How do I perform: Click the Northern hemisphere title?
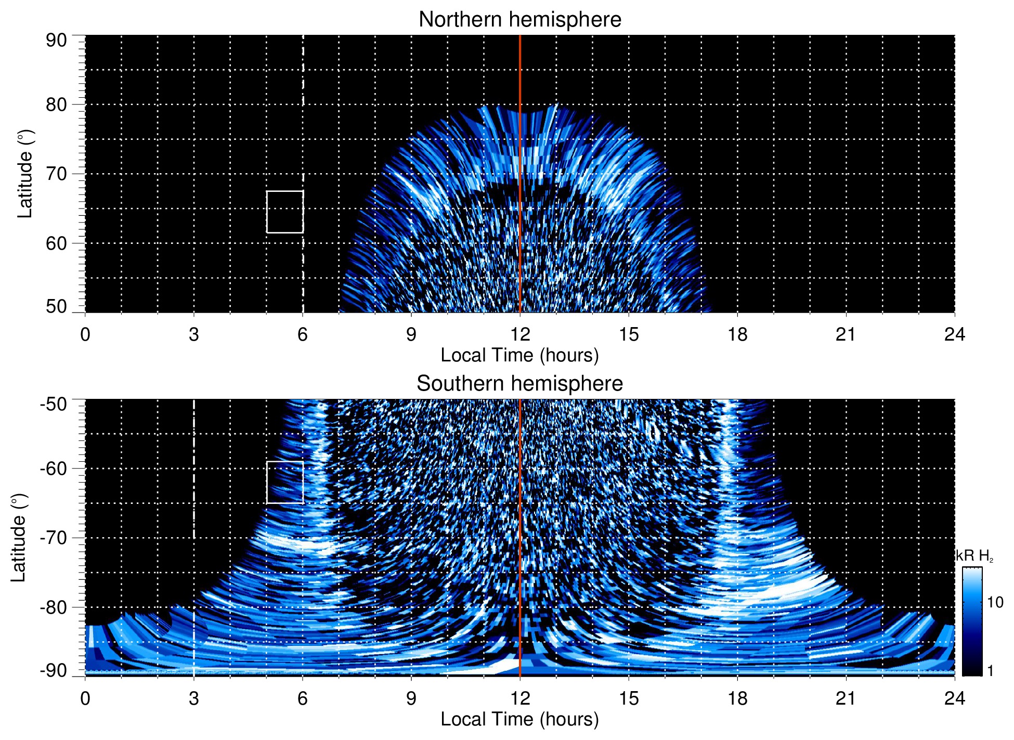pyautogui.click(x=519, y=20)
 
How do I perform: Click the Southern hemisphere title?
pyautogui.click(x=519, y=384)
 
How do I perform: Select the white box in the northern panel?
pyautogui.click(x=285, y=212)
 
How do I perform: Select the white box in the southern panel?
pyautogui.click(x=285, y=482)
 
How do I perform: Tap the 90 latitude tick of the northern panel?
pyautogui.click(x=56, y=41)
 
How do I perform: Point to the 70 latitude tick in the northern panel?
pyautogui.click(x=56, y=174)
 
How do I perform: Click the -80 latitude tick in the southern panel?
pyautogui.click(x=54, y=607)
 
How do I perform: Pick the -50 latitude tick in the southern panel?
pyautogui.click(x=54, y=404)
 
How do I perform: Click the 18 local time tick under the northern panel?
pyautogui.click(x=737, y=334)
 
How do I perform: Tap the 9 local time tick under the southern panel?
pyautogui.click(x=411, y=698)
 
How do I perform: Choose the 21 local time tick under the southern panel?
pyautogui.click(x=846, y=698)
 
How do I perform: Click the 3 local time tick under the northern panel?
pyautogui.click(x=194, y=334)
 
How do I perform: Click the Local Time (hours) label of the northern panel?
pyautogui.click(x=519, y=355)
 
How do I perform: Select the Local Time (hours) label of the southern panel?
pyautogui.click(x=519, y=719)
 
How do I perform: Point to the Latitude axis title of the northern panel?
pyautogui.click(x=25, y=174)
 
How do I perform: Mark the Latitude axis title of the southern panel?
pyautogui.click(x=18, y=538)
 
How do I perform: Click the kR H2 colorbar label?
pyautogui.click(x=974, y=556)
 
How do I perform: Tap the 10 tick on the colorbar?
pyautogui.click(x=995, y=602)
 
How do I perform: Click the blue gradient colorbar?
pyautogui.click(x=972, y=621)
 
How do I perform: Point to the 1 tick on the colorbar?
pyautogui.click(x=990, y=671)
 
